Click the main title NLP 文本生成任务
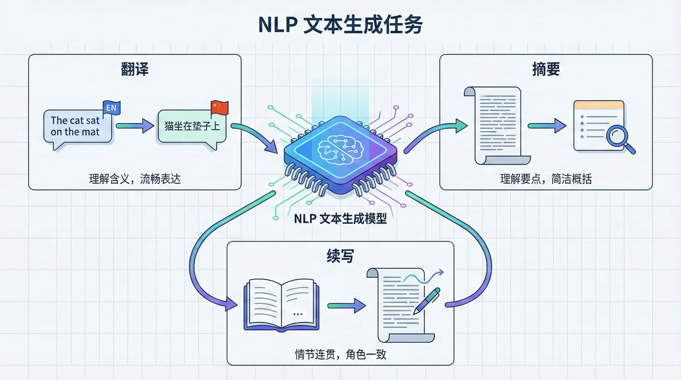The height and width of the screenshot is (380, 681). click(x=340, y=24)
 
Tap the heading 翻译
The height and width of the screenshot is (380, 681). click(x=135, y=69)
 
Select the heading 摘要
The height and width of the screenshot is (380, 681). click(x=546, y=69)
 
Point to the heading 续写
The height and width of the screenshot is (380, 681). click(x=340, y=256)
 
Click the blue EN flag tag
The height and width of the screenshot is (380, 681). click(x=111, y=108)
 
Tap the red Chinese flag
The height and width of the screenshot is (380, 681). click(x=219, y=107)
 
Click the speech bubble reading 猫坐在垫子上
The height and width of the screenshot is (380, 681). click(x=192, y=127)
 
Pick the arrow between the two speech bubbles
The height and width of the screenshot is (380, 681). click(x=135, y=126)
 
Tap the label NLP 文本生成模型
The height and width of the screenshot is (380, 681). click(x=340, y=219)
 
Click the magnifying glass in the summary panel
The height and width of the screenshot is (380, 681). click(x=619, y=139)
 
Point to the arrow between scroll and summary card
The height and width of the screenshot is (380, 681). click(x=547, y=126)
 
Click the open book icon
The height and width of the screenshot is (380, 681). click(x=281, y=305)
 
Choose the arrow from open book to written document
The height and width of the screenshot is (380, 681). click(x=346, y=306)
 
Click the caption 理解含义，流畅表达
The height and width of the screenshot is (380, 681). click(x=135, y=179)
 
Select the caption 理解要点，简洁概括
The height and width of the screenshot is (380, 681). click(x=546, y=179)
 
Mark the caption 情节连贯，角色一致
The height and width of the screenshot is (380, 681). click(x=340, y=354)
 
